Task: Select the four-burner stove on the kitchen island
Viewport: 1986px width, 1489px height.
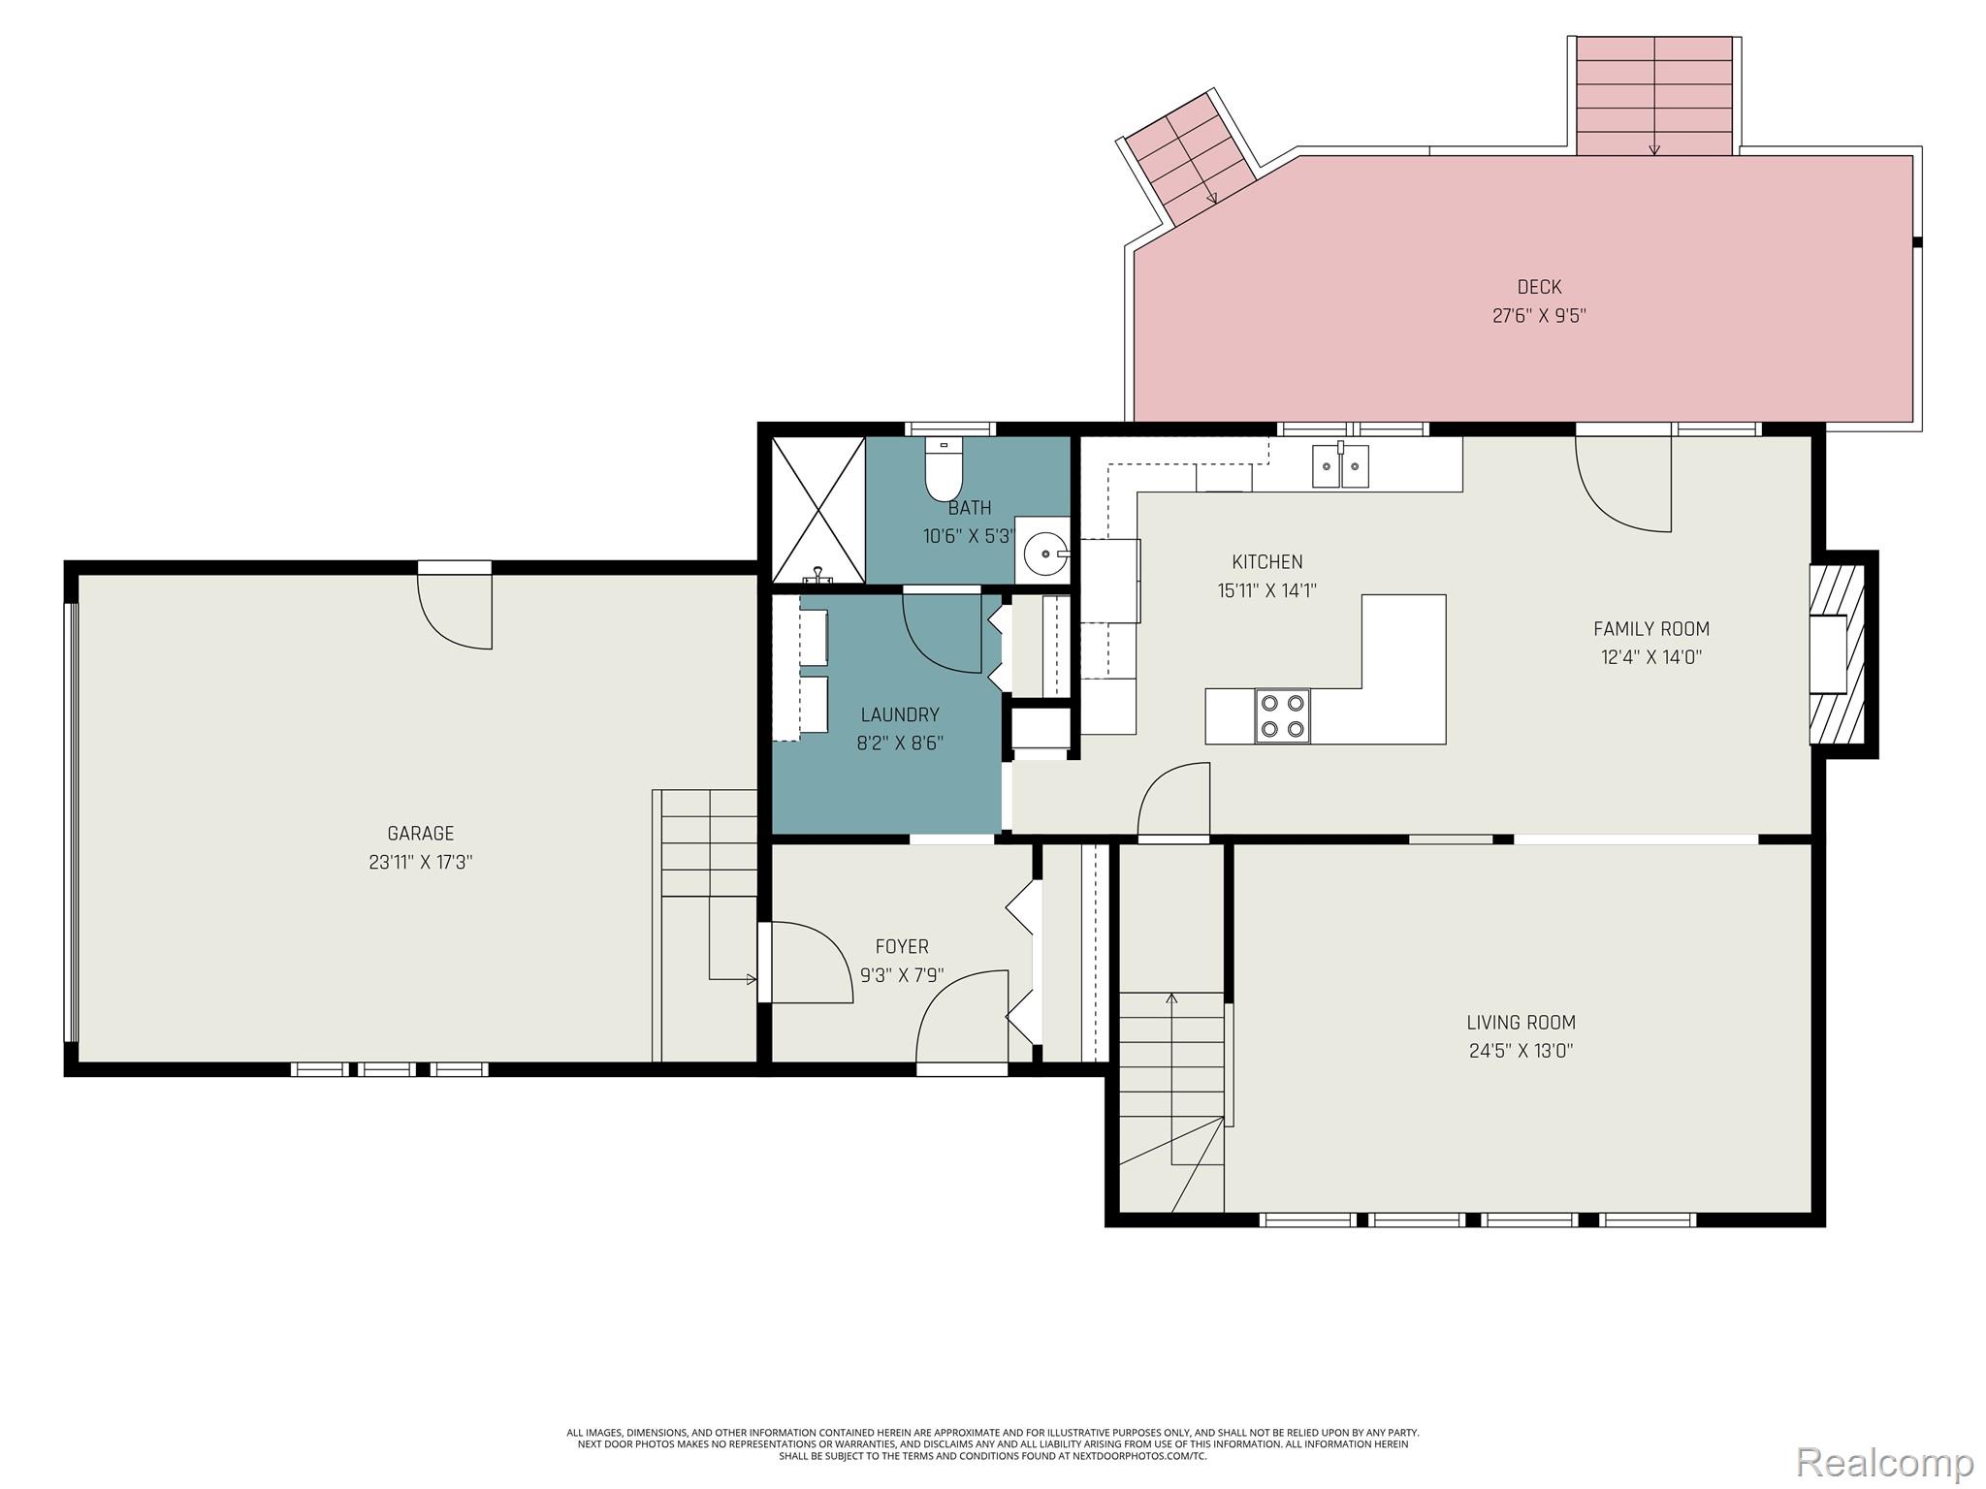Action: pos(1282,715)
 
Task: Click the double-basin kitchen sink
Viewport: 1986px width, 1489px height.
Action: pos(1340,465)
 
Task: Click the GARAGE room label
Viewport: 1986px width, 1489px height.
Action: pos(420,833)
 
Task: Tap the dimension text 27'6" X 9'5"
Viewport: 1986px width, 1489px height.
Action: pos(1539,315)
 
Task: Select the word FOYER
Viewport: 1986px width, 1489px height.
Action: pos(902,946)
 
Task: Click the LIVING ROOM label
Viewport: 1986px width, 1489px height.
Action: pos(1521,1022)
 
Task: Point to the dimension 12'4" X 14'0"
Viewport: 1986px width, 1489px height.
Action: pos(1651,656)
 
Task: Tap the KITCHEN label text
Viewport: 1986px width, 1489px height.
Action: pos(1267,561)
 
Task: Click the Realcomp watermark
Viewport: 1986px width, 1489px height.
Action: pos(1885,1462)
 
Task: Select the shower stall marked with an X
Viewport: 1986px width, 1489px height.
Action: pos(818,510)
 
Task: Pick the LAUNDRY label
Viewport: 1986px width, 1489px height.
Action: pos(900,714)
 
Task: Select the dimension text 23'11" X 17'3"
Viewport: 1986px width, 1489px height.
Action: pos(420,861)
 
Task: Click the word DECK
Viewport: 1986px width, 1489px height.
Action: pos(1539,287)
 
